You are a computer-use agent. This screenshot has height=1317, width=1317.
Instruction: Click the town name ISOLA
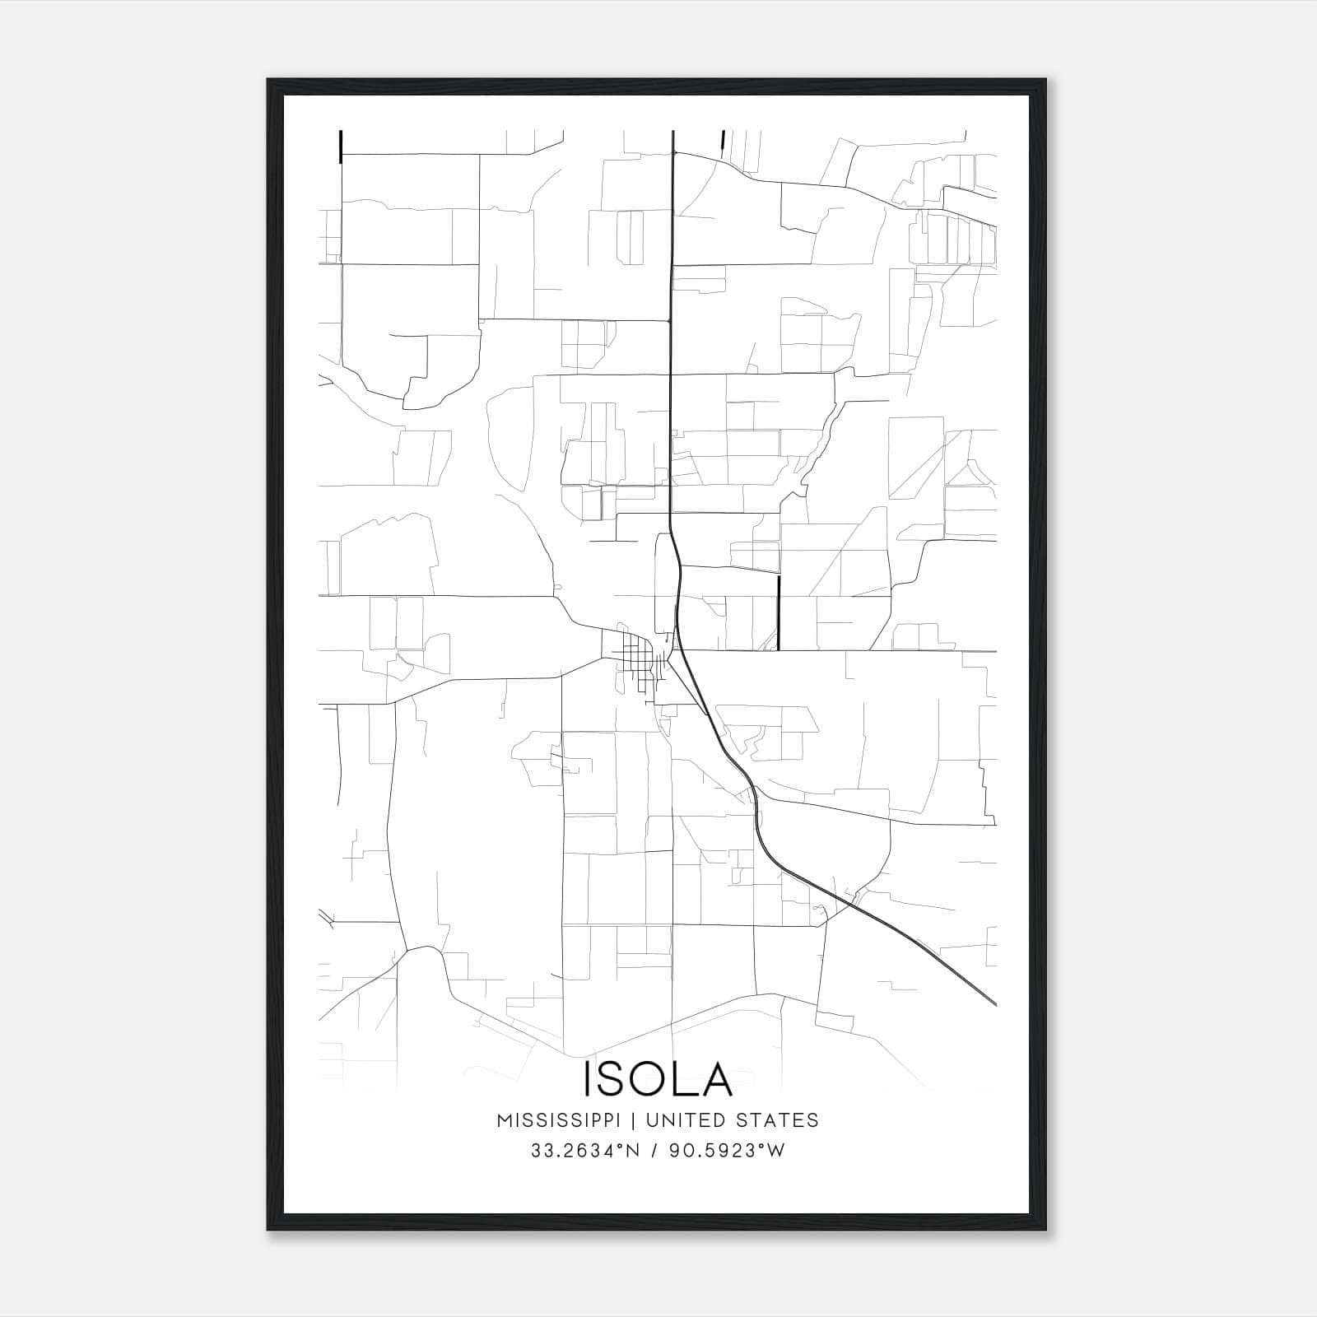(658, 1079)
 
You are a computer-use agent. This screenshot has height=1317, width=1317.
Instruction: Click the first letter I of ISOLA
(588, 1079)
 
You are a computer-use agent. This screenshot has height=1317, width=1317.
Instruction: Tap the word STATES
(778, 1120)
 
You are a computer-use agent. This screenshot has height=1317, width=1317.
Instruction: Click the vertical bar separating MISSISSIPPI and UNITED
(639, 1120)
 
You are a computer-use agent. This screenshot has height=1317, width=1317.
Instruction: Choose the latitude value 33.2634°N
(584, 1151)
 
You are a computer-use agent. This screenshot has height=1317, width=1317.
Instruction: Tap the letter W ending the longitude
(776, 1151)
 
